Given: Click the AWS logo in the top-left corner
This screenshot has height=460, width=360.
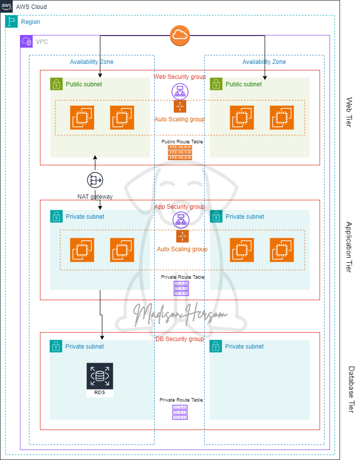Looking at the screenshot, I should [7, 6].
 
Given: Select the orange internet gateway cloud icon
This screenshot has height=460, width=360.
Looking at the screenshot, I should [180, 35].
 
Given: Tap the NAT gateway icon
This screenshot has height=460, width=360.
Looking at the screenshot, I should [95, 180].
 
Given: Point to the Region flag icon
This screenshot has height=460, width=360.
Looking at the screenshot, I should [11, 22].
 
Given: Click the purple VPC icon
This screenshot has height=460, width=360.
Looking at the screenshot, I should [26, 41].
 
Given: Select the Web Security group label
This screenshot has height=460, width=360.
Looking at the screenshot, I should [179, 77].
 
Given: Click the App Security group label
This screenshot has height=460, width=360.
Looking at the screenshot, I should [179, 207].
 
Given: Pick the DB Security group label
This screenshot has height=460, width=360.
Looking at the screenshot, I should [180, 339].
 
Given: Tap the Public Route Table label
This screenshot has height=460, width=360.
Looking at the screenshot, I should [182, 142].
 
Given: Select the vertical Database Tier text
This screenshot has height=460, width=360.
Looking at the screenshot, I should [351, 390].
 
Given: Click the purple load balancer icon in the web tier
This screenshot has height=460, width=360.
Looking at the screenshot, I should [179, 91].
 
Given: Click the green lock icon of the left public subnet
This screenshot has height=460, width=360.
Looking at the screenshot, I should [56, 84].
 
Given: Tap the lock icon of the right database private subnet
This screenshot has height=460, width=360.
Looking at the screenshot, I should [216, 346].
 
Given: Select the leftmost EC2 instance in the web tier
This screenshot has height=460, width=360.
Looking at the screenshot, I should [82, 118].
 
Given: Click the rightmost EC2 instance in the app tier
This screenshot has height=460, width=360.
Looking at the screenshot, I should [282, 250].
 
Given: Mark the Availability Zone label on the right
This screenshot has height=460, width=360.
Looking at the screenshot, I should [264, 62].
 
